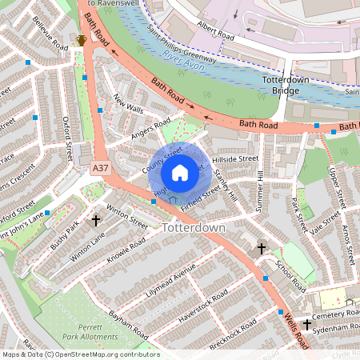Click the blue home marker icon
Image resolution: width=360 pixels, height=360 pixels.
[180, 172]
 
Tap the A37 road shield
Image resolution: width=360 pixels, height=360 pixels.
[100, 169]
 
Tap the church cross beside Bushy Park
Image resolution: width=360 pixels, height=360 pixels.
[96, 219]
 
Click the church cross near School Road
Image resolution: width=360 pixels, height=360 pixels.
[261, 249]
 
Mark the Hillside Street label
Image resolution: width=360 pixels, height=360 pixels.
[236, 159]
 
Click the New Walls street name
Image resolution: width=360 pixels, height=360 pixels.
[127, 104]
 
